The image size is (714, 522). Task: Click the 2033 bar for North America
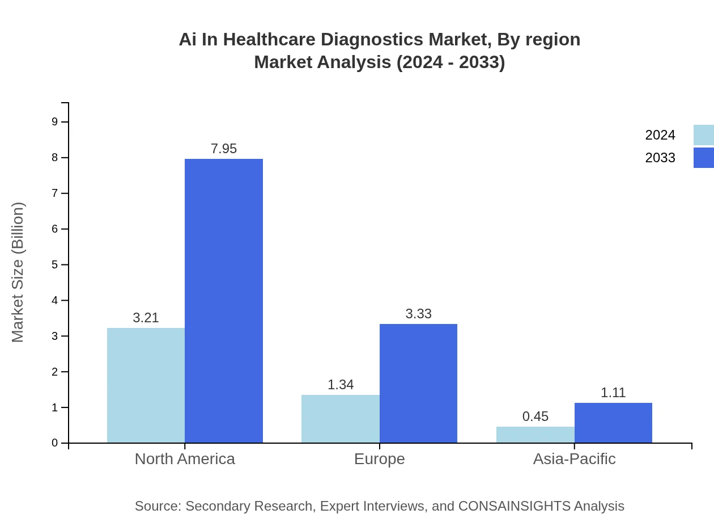(224, 301)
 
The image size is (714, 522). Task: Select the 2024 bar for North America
(146, 385)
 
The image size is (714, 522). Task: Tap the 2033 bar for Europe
(418, 384)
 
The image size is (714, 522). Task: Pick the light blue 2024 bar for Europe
(340, 419)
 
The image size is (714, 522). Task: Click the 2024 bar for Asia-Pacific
(535, 435)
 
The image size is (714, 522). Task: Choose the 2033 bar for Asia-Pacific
(613, 423)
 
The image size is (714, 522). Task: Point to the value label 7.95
(224, 149)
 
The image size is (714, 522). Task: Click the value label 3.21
(146, 318)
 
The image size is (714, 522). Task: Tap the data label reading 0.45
(535, 416)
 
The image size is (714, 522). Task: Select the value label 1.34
(340, 385)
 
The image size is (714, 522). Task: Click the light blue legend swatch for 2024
(703, 135)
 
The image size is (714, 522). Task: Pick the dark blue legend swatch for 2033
(703, 158)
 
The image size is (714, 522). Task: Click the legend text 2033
(660, 158)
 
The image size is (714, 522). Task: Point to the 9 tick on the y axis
(55, 122)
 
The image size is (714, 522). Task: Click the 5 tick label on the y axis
(55, 265)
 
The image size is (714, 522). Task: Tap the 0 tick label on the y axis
(55, 443)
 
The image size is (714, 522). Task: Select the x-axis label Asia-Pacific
(574, 459)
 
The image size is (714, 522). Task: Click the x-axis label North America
(185, 459)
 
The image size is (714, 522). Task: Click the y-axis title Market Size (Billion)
(18, 272)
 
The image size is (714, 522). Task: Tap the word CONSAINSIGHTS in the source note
(514, 506)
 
